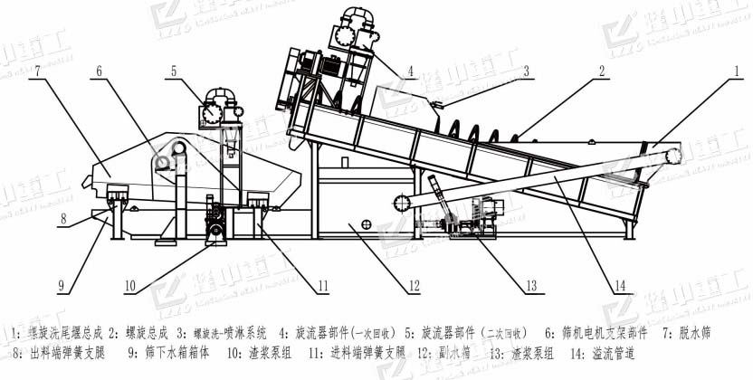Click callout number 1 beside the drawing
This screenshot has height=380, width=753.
click(738, 70)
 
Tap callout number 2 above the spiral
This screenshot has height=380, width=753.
click(599, 70)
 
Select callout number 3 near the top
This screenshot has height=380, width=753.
click(524, 70)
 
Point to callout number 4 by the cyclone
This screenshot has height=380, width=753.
click(411, 70)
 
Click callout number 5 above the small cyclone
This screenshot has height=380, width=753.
click(173, 70)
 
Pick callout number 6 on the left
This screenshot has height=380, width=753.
click(99, 70)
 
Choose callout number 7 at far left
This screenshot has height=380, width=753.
click(37, 70)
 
